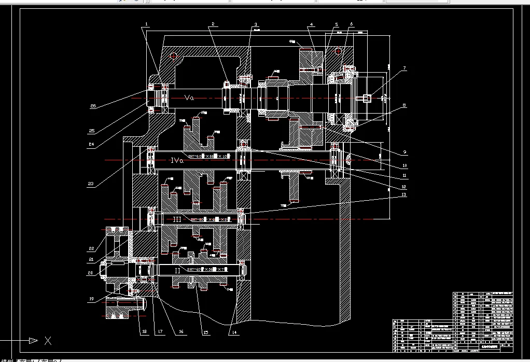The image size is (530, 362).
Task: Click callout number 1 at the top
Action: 147,24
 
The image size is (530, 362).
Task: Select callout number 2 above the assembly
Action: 212,24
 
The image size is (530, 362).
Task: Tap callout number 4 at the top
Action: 311,24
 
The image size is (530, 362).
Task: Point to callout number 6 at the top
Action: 351,24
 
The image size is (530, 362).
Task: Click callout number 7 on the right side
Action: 405,68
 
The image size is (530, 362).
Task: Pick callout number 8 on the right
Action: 405,105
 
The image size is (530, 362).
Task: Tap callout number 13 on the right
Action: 405,194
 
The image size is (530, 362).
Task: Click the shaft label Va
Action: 189,97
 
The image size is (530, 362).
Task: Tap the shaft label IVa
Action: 177,161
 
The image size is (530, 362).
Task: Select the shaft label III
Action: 177,219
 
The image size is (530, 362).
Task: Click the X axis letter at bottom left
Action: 48,341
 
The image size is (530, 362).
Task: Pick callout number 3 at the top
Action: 256,24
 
